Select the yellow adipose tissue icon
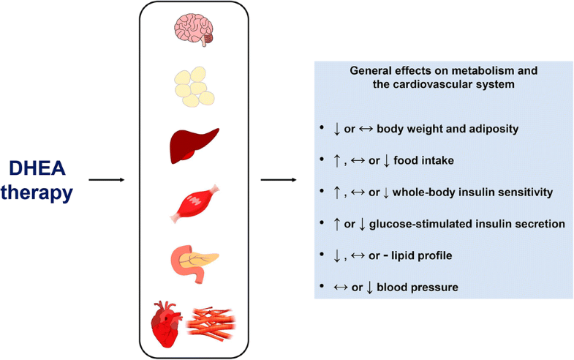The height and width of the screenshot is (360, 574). (x=194, y=87)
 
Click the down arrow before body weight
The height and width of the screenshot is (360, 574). (x=336, y=129)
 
